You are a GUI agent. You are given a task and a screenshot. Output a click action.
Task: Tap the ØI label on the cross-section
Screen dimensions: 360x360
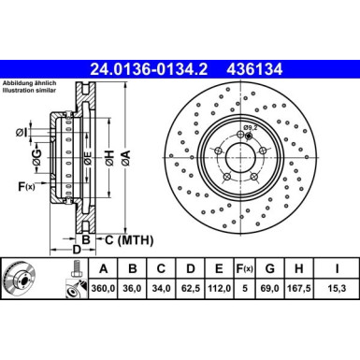(x=21, y=131)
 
